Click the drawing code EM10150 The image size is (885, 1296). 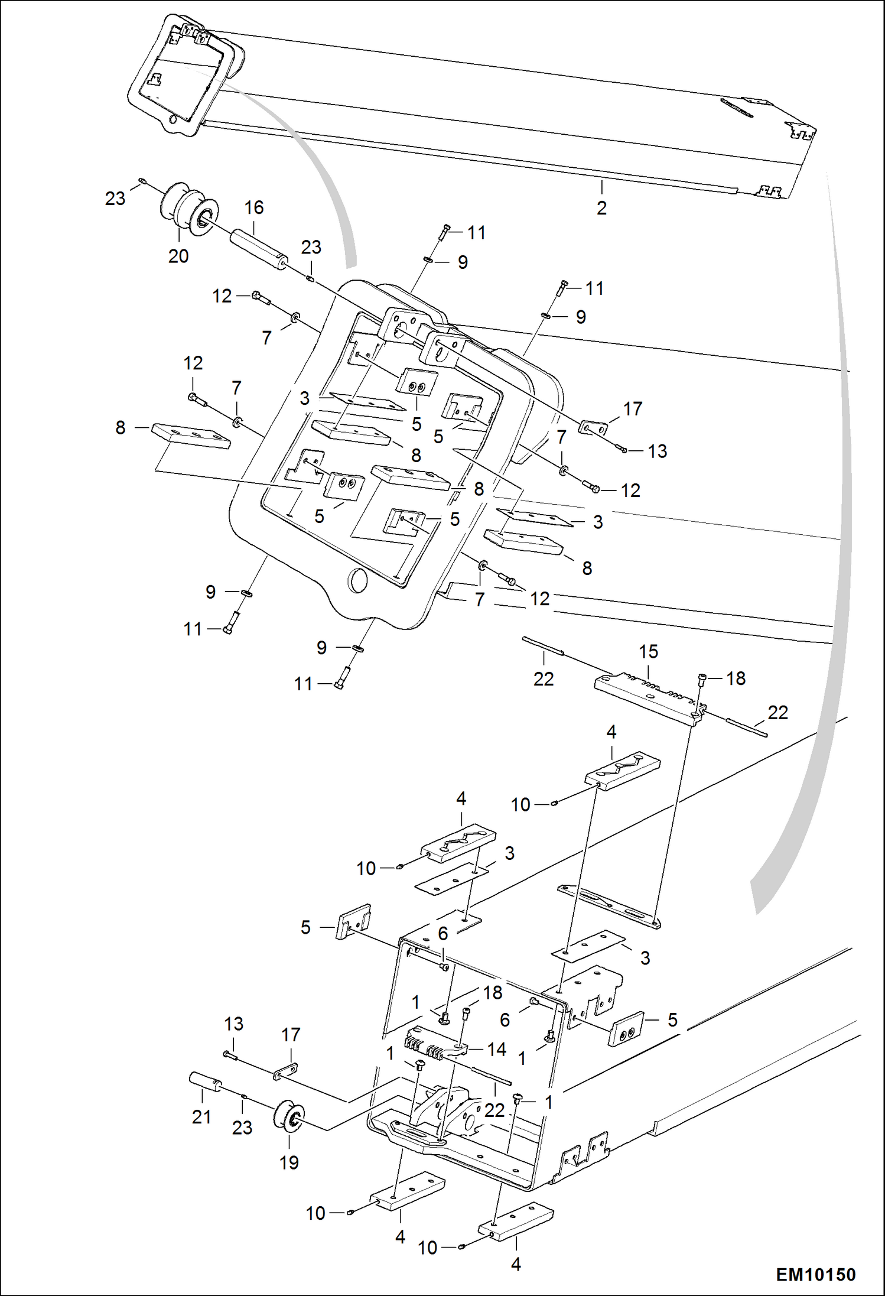click(x=815, y=1274)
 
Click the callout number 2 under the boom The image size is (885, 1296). click(x=601, y=208)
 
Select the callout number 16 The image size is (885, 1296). click(x=254, y=207)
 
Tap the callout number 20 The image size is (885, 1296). click(x=178, y=256)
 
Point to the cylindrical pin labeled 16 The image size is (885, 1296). click(x=258, y=249)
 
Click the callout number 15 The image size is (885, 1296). click(x=648, y=651)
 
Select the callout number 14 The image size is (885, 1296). click(x=496, y=1049)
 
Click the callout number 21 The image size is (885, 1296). click(x=201, y=1116)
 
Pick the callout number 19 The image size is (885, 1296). click(x=289, y=1162)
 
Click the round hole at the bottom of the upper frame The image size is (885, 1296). click(x=358, y=581)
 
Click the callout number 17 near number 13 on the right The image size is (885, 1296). click(x=632, y=408)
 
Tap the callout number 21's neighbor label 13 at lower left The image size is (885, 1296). click(x=234, y=1024)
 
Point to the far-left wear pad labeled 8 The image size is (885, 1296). click(x=190, y=435)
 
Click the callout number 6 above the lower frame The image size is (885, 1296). click(x=443, y=933)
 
